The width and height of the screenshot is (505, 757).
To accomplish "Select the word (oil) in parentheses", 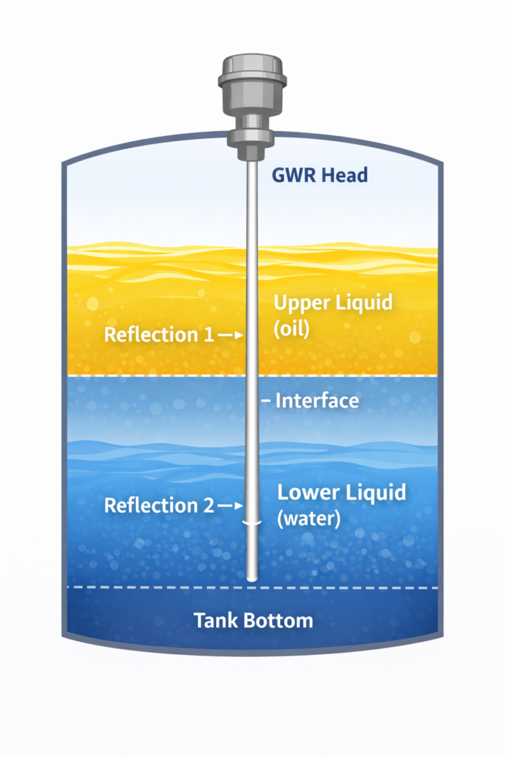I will click(x=291, y=329).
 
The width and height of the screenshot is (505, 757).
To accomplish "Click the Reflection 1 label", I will click(x=158, y=335).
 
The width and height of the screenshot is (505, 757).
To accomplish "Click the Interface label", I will click(x=316, y=401).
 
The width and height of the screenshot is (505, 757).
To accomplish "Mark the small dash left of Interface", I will click(x=266, y=401).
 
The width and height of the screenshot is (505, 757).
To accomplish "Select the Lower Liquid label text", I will click(x=341, y=492).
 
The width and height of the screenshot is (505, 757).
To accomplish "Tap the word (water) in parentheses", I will click(x=308, y=519).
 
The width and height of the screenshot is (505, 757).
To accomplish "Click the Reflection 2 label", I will click(x=158, y=506).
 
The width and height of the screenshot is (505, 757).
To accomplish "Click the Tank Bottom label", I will click(x=253, y=620).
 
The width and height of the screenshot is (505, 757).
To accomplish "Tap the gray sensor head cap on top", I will click(x=252, y=74).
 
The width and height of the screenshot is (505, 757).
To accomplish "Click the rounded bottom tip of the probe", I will click(x=252, y=577).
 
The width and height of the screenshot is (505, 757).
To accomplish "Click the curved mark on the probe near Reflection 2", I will click(x=252, y=523).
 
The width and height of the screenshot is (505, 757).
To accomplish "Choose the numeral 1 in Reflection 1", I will click(x=208, y=335).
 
